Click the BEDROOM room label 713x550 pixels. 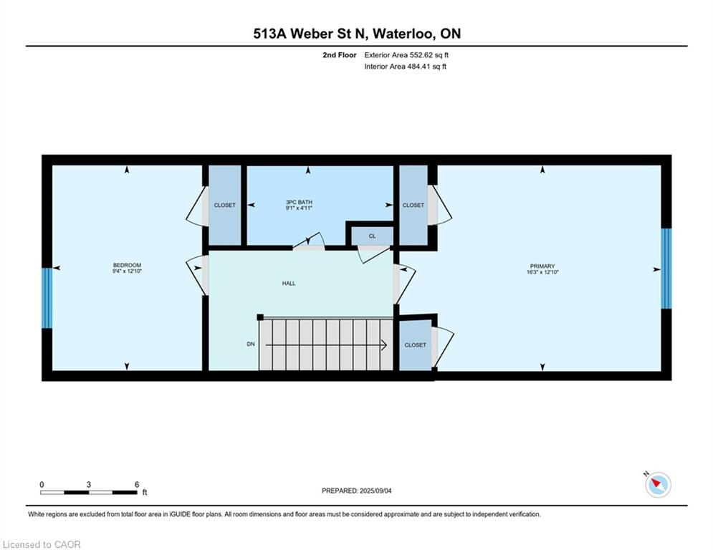127,265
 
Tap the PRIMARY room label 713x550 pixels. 542,266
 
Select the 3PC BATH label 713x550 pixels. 299,202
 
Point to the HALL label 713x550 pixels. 289,283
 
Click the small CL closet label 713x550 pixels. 373,236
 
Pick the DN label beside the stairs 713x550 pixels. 251,344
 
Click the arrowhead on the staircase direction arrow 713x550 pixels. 384,345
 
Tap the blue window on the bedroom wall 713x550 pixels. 47,298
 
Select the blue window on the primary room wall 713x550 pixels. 666,268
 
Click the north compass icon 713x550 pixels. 658,484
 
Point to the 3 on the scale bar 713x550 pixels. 89,485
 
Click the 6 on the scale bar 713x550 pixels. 137,485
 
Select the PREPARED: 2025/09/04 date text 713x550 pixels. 357,491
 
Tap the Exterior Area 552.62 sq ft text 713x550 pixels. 406,55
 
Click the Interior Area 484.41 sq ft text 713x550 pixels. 405,67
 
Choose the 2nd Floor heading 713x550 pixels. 340,55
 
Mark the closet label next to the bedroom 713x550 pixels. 224,205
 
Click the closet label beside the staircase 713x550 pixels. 415,345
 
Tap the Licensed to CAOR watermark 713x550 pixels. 42,544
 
